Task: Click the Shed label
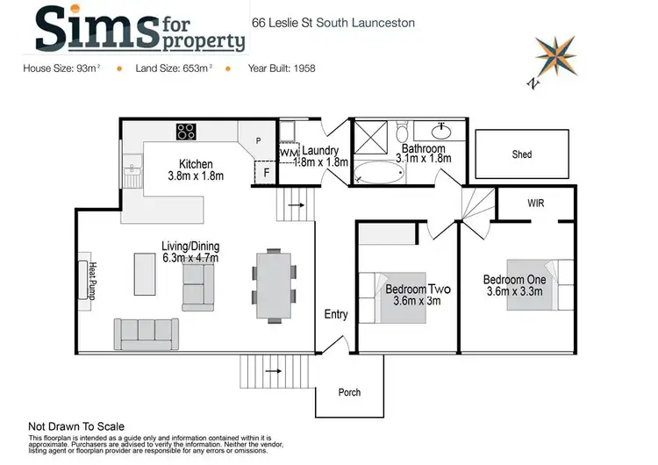[x=521, y=154]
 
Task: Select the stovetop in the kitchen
[x=186, y=132]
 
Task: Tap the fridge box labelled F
[x=266, y=172]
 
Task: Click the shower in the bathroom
[x=371, y=137]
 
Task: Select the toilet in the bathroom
[x=402, y=133]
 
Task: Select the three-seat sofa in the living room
[x=146, y=333]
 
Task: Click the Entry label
[x=336, y=314]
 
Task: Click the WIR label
[x=536, y=203]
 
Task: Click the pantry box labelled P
[x=258, y=140]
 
